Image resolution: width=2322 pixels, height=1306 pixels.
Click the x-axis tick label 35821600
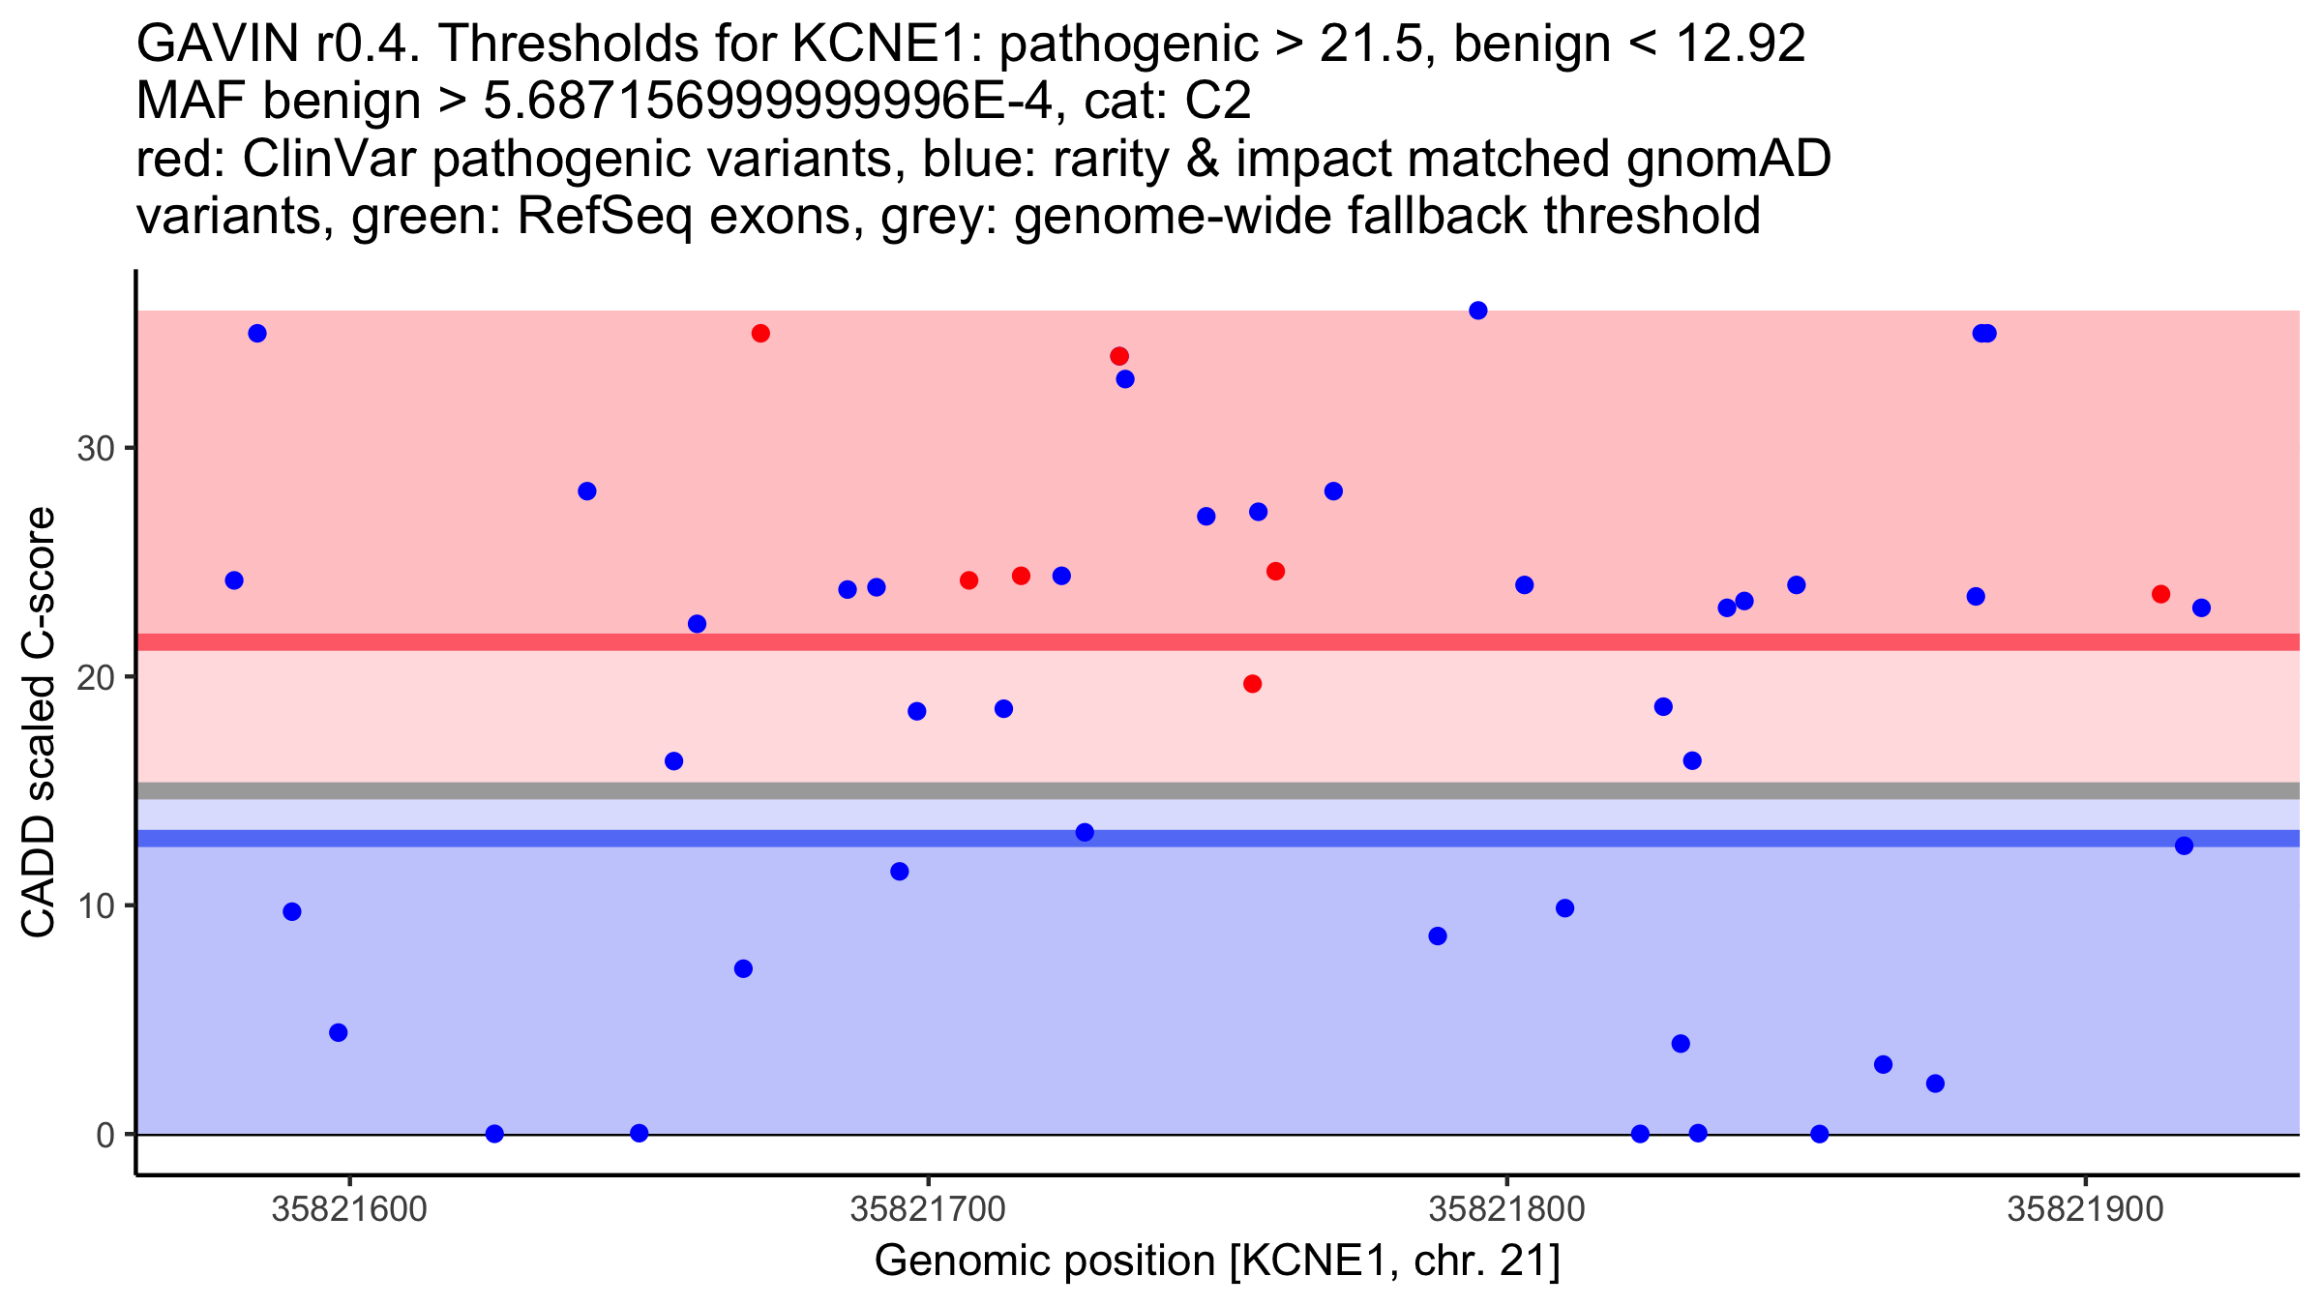tap(348, 1209)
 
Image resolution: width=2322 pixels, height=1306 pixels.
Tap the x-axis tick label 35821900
tap(2085, 1209)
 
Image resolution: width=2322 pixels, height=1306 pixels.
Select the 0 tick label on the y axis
tap(104, 1135)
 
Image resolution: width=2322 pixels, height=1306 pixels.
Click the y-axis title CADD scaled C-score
tap(39, 723)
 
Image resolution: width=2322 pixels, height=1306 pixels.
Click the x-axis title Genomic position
tap(1217, 1261)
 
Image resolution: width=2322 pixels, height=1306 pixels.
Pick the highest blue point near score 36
tap(1477, 311)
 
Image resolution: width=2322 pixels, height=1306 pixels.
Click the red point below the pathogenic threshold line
tap(1252, 684)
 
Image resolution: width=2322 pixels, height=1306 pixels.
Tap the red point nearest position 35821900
tap(2160, 594)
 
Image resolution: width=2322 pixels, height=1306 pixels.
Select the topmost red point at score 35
tap(760, 334)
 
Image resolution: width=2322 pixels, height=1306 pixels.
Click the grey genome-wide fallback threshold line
tap(1217, 791)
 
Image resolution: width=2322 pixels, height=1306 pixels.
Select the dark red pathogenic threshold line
tap(1217, 642)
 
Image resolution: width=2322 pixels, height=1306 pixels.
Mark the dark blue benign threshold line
tap(1217, 838)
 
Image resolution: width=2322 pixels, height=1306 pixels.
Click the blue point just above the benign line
tap(1085, 832)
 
